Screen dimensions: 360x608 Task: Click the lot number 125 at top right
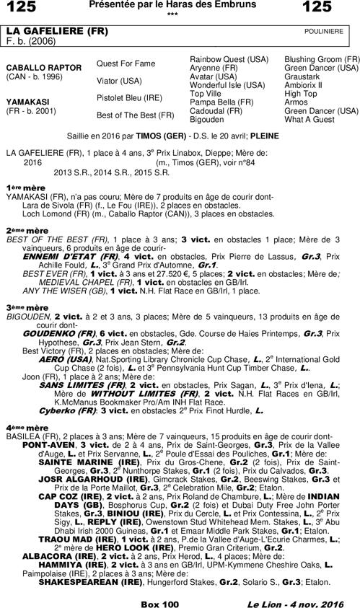point(338,7)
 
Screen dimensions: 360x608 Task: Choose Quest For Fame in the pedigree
point(126,63)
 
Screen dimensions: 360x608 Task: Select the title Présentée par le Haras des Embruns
point(171,5)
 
